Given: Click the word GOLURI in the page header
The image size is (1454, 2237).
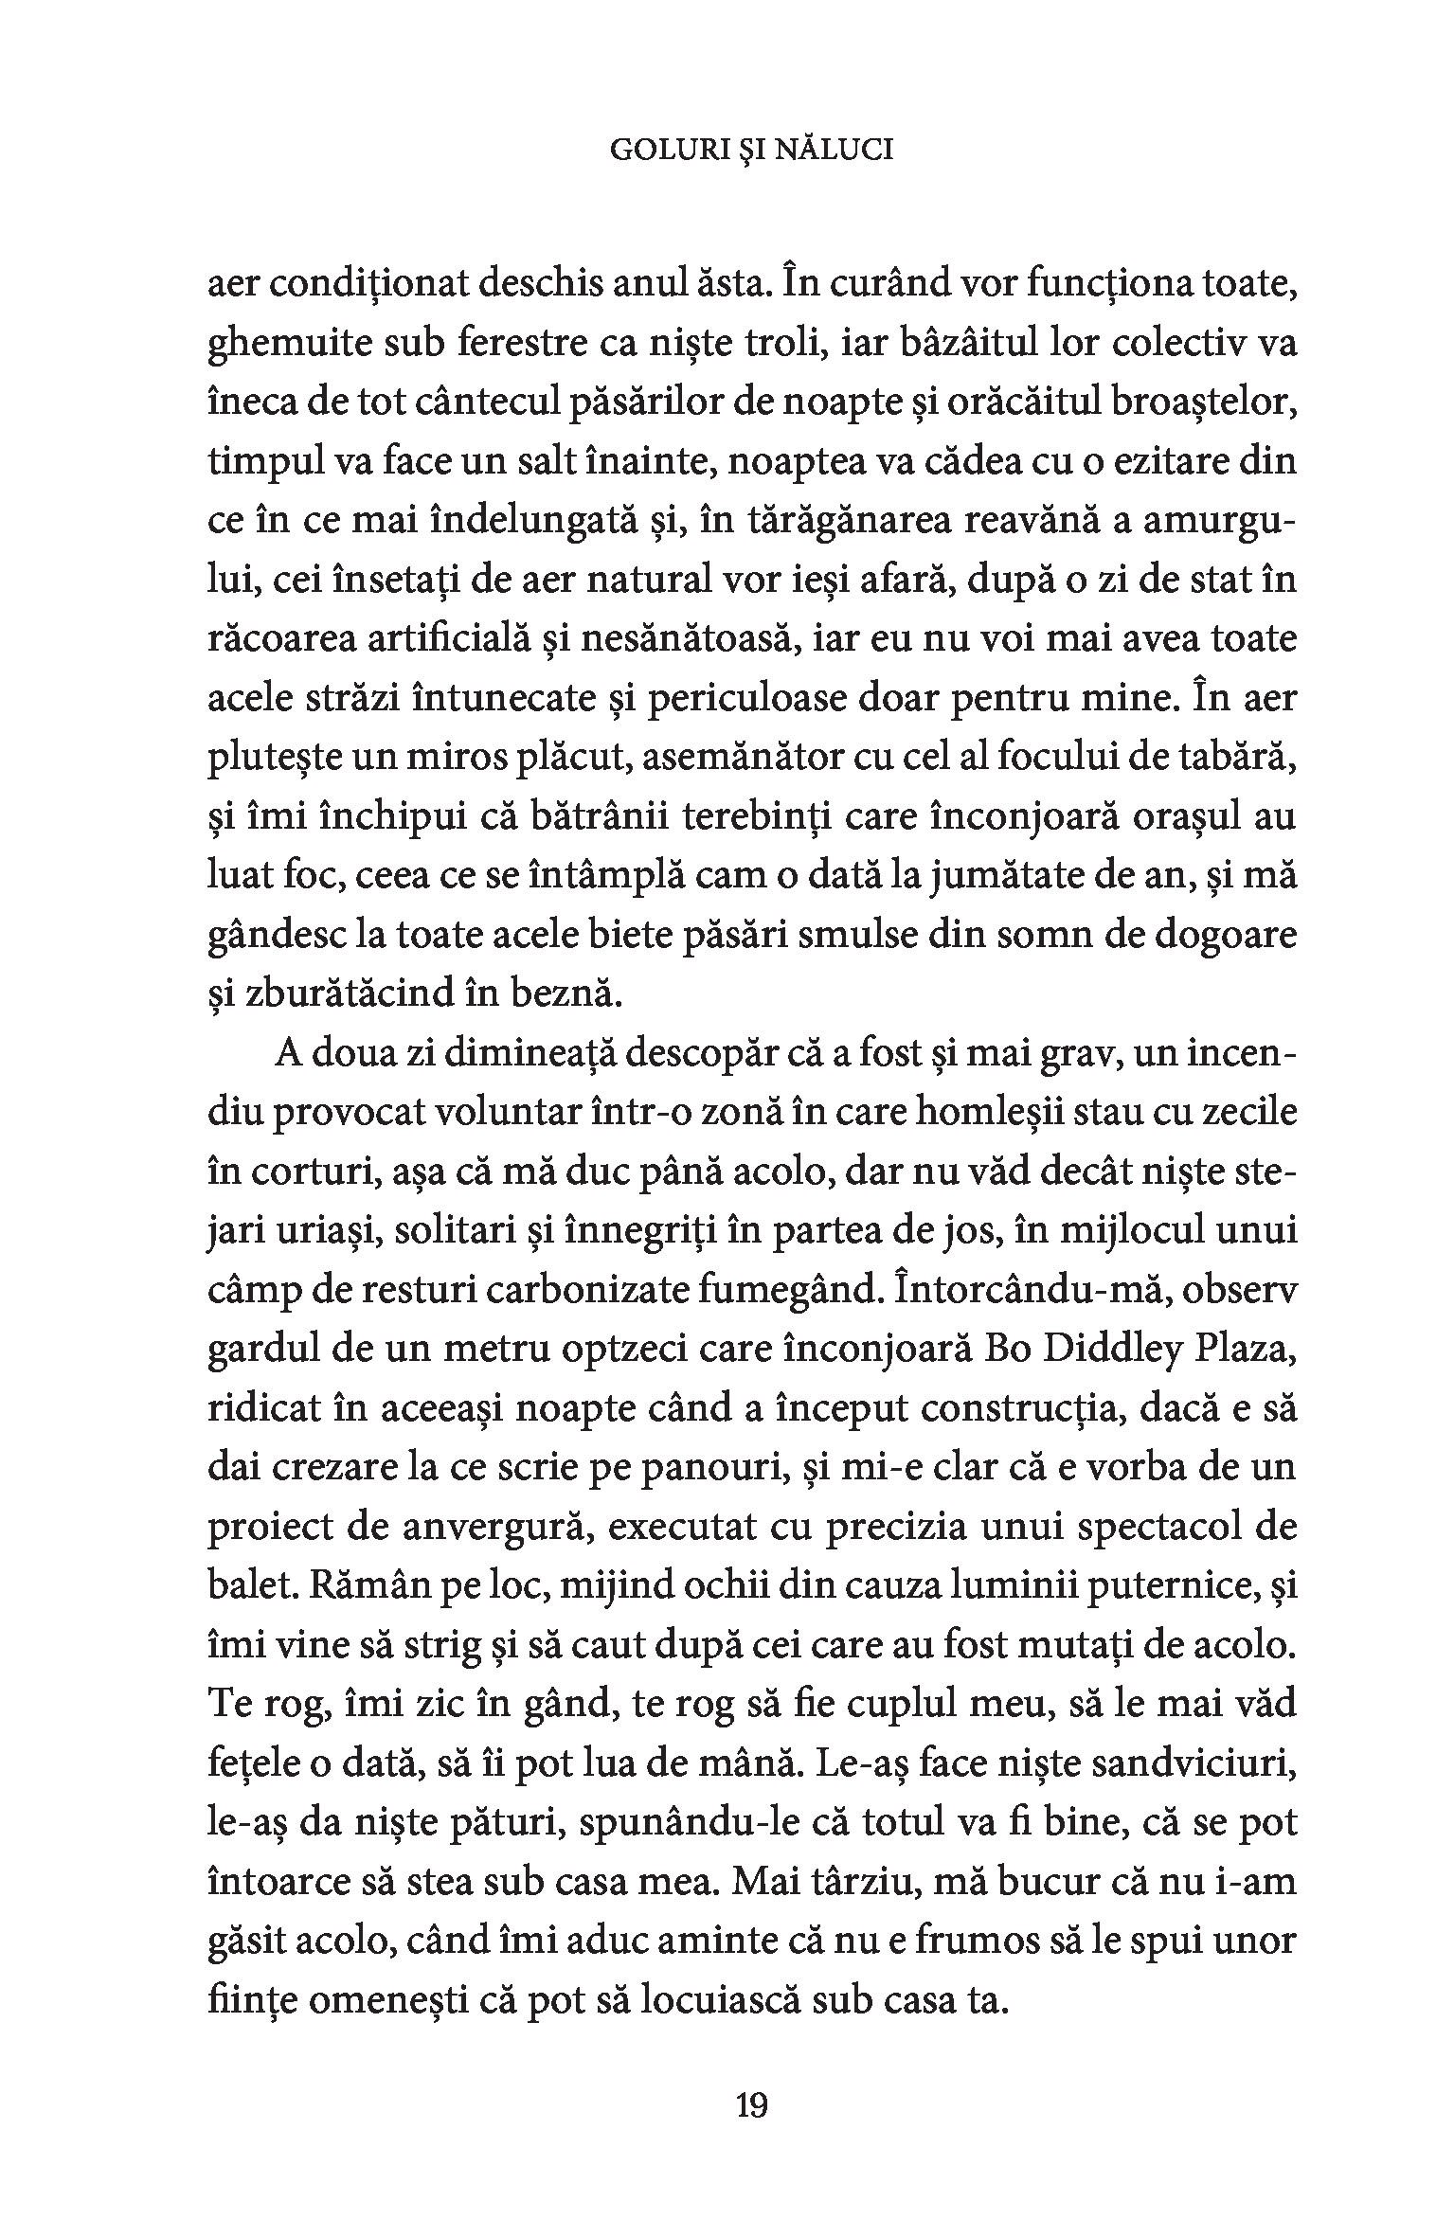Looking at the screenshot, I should click(671, 152).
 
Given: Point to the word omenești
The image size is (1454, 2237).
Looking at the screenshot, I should click(402, 2001).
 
